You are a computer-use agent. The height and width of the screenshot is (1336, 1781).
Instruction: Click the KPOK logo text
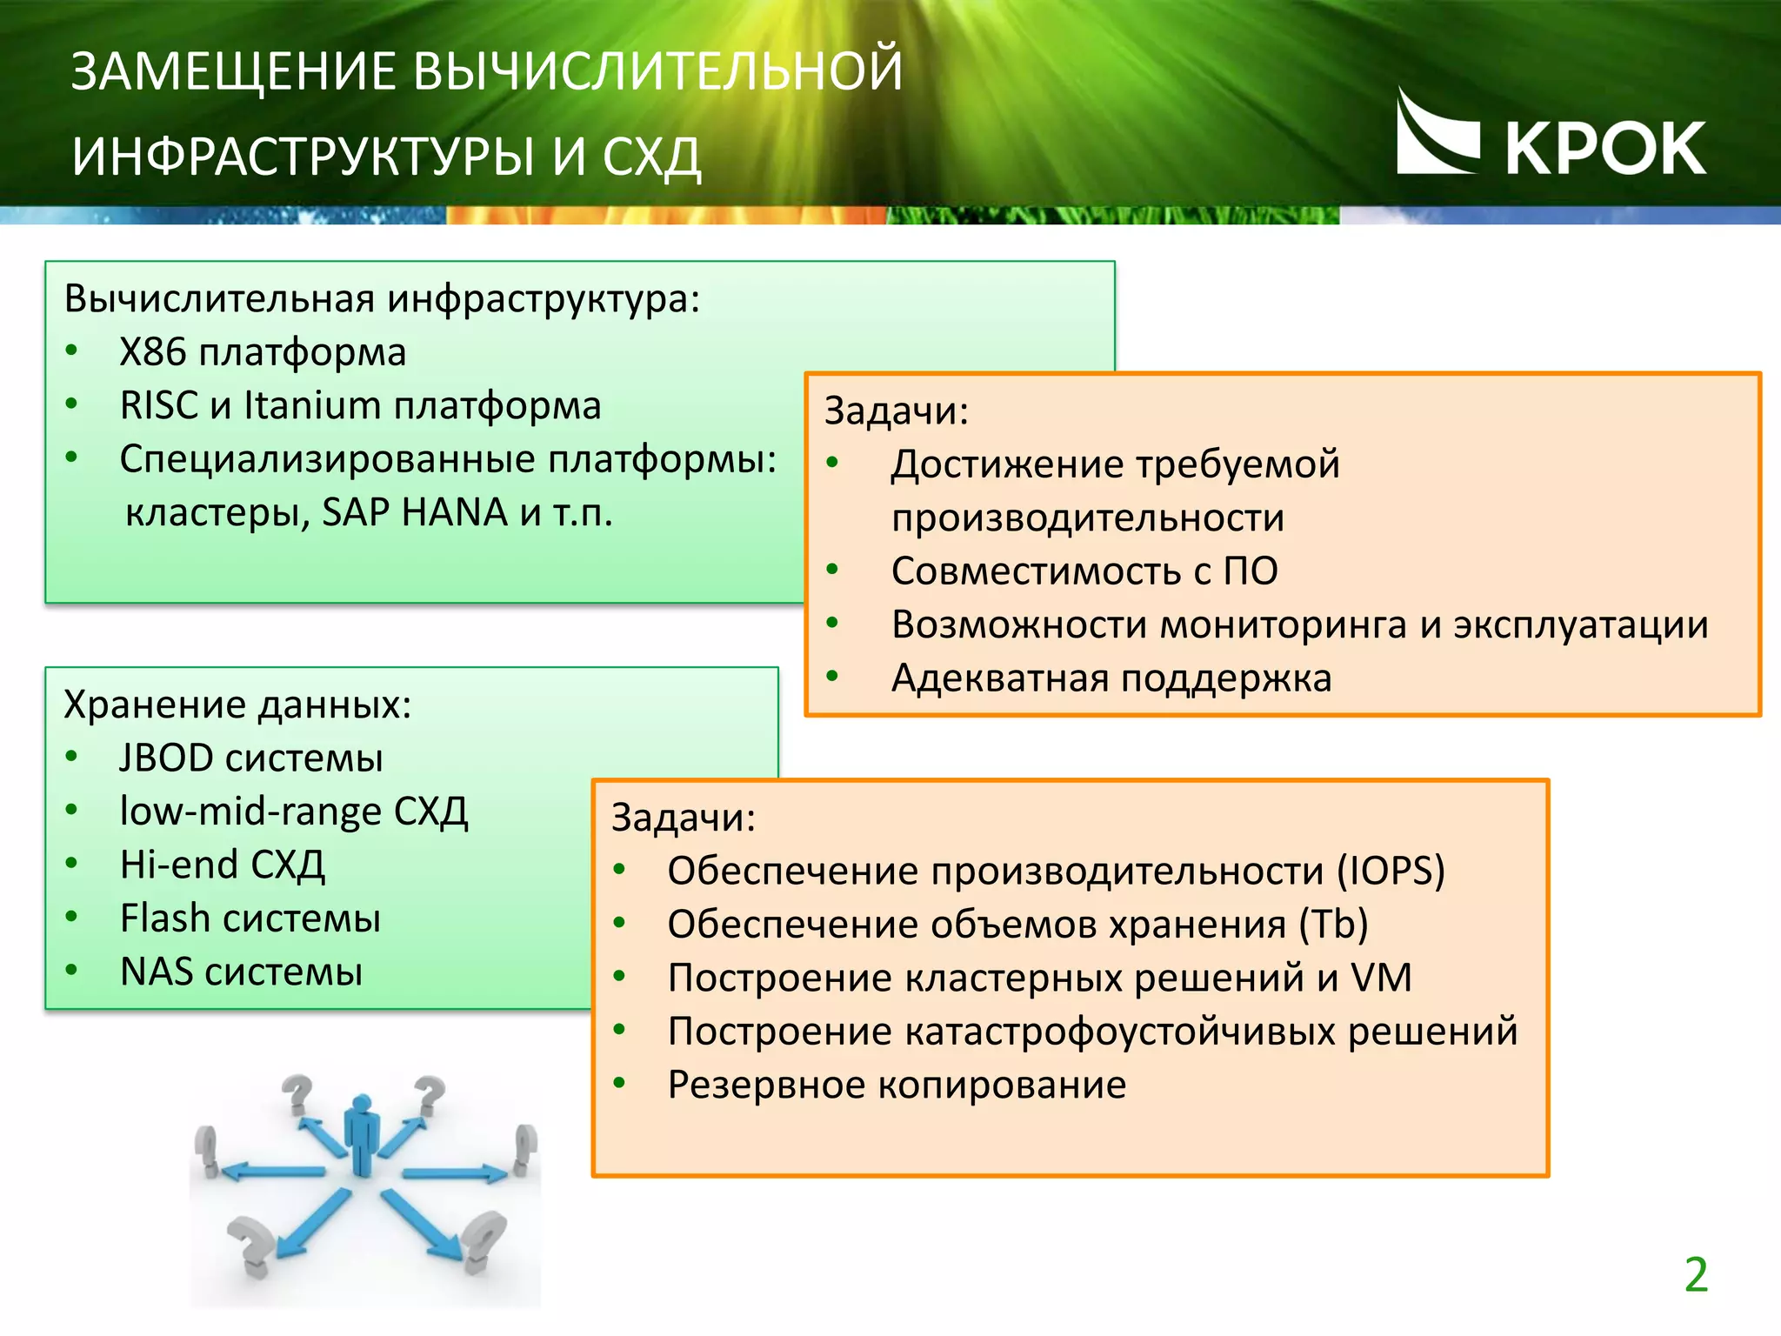point(1604,149)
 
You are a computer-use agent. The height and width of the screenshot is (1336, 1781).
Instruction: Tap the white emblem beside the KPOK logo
point(1437,135)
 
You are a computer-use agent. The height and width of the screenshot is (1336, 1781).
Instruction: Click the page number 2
point(1695,1275)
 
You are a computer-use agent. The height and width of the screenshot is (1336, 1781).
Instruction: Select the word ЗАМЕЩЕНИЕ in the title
point(234,71)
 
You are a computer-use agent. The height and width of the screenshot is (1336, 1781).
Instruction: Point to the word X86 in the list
point(152,352)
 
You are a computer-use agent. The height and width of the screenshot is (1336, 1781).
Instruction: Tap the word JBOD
point(166,758)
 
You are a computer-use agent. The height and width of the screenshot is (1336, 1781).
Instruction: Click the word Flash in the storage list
point(164,918)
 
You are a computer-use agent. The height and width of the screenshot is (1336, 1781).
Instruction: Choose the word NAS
point(157,972)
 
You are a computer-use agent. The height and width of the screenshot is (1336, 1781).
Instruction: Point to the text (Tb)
point(1333,925)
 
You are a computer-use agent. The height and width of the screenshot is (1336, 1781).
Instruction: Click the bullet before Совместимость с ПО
point(832,571)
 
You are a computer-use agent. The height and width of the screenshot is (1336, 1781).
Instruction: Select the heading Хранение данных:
point(237,705)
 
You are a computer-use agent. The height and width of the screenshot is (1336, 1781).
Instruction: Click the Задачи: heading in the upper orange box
point(896,411)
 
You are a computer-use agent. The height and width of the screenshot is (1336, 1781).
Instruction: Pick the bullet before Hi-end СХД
point(72,865)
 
